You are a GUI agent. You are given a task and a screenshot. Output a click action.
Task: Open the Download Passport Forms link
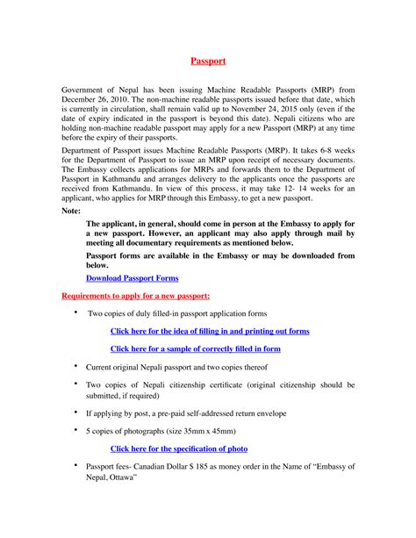132,277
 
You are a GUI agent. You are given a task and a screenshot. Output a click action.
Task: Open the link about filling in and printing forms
210,331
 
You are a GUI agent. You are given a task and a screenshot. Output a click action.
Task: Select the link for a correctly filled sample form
195,348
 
